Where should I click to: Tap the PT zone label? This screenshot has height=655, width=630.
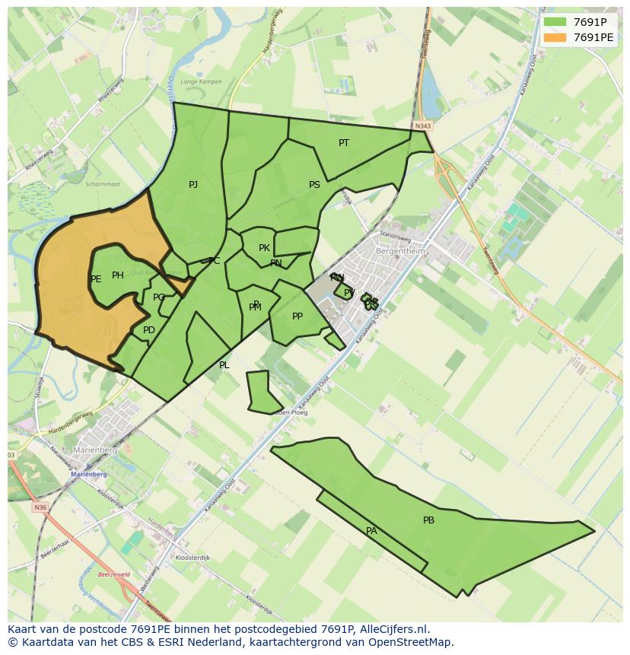click(x=344, y=143)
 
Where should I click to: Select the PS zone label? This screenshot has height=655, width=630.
click(x=314, y=185)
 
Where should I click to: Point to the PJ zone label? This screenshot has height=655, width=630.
click(x=193, y=185)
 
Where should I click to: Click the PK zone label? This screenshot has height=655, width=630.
click(x=264, y=248)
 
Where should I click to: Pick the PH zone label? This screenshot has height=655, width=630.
click(x=118, y=275)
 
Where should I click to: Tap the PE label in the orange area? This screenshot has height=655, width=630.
click(x=96, y=279)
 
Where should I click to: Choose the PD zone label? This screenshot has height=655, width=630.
click(x=149, y=330)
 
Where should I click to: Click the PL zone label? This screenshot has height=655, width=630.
click(x=224, y=365)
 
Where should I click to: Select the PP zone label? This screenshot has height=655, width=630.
click(x=297, y=316)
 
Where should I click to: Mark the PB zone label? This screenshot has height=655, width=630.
click(x=428, y=520)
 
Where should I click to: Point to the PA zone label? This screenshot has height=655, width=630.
click(x=371, y=531)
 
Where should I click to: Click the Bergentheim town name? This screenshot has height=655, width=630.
click(x=400, y=251)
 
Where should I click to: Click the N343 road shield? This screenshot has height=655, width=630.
click(x=423, y=126)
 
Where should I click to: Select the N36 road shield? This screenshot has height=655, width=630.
click(x=40, y=507)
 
